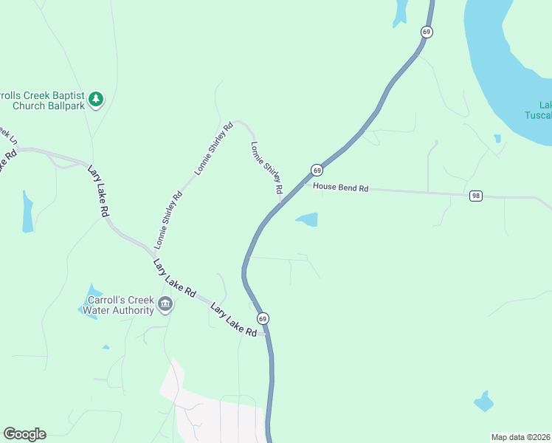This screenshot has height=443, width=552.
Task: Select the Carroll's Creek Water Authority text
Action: [x=119, y=305]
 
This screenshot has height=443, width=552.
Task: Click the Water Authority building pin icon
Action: [x=165, y=304]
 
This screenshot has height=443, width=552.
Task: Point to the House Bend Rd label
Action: [x=340, y=188]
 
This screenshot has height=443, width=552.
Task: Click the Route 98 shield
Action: [x=476, y=196]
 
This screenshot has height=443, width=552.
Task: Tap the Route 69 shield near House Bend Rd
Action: [x=317, y=170]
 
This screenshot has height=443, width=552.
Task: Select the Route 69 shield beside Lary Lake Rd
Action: [x=263, y=318]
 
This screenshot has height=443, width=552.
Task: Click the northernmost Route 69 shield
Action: [x=426, y=32]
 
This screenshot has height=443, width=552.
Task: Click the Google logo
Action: [x=24, y=434]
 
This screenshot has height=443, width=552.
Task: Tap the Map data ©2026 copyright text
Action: [x=520, y=437]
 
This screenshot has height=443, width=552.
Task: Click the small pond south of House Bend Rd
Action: [x=308, y=219]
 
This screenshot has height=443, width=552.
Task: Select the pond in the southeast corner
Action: [x=484, y=401]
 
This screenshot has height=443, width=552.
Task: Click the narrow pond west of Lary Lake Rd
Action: [x=27, y=212]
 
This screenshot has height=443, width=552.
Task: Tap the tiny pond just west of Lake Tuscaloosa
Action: [x=497, y=138]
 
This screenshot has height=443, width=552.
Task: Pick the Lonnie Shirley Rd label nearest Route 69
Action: [x=266, y=168]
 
